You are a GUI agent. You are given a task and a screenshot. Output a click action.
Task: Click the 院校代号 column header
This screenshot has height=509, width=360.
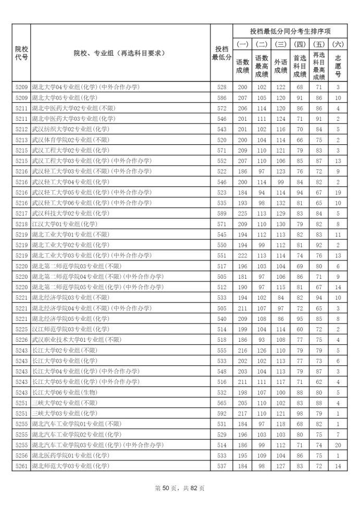(x=21, y=53)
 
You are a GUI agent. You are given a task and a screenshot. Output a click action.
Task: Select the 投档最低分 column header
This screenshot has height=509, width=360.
(x=221, y=53)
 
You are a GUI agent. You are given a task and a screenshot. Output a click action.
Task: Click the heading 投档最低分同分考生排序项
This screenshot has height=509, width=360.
(x=290, y=31)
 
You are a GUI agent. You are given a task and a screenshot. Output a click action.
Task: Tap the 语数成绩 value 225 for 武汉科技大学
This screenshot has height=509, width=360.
(x=242, y=213)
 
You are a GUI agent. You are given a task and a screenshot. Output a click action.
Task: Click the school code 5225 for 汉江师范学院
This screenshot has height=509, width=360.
(x=21, y=329)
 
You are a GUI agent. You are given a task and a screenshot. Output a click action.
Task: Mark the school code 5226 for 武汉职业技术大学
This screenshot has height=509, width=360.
(x=21, y=340)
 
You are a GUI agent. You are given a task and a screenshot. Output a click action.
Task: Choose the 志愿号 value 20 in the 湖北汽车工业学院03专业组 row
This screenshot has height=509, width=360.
(x=338, y=444)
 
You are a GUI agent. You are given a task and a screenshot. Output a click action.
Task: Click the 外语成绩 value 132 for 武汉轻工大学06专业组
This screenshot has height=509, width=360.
(x=281, y=203)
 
